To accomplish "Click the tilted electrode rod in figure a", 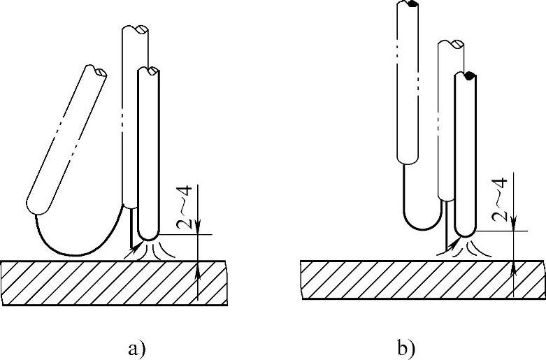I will click(x=66, y=139).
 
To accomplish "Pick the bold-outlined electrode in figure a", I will click(x=150, y=154).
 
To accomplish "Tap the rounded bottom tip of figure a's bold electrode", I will click(x=149, y=234).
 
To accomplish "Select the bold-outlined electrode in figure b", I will click(x=465, y=154).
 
